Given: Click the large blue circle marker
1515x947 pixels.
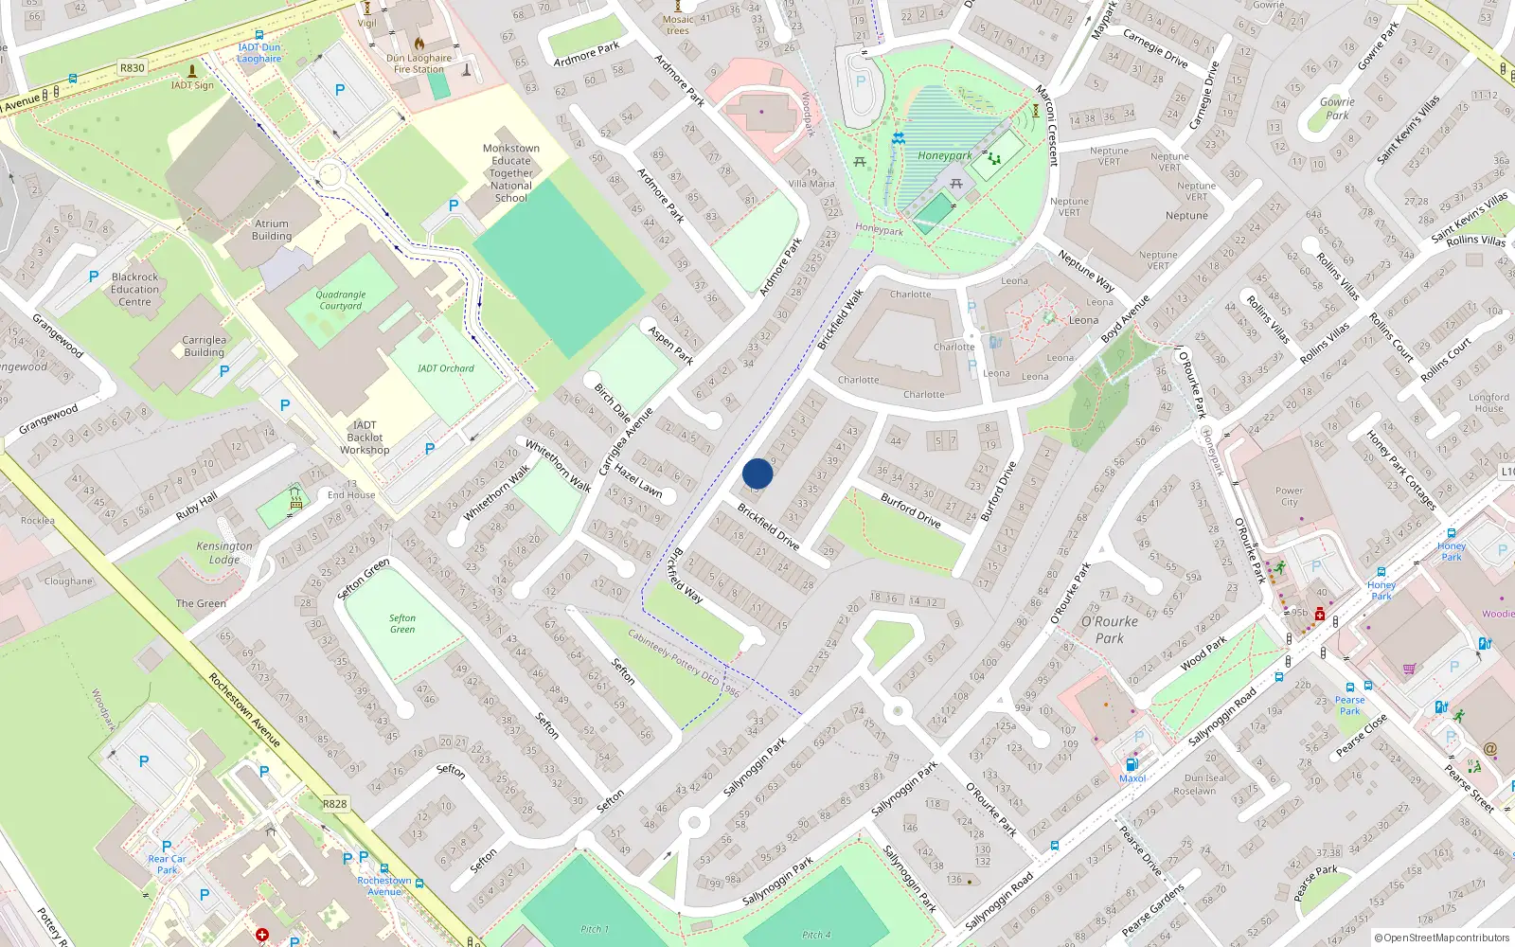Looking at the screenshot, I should click(757, 473).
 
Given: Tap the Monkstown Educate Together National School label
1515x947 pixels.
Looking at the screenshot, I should click(510, 172).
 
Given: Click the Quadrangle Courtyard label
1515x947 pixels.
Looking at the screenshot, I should click(341, 300).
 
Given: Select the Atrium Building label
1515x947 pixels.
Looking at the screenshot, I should click(272, 230).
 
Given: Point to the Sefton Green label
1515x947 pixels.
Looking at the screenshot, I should click(402, 623).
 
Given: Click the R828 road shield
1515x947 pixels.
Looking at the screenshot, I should click(334, 804).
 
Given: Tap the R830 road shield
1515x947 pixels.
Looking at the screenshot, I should click(133, 68).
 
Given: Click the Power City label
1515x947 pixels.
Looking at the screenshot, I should click(1289, 496).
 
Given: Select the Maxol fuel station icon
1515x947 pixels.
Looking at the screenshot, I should click(1131, 764).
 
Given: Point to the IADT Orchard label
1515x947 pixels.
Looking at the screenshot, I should click(446, 368).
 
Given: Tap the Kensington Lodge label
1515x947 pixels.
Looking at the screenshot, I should click(224, 552).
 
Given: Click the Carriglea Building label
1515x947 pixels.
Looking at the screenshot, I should click(204, 346).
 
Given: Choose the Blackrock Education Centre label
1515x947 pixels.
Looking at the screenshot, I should click(134, 290).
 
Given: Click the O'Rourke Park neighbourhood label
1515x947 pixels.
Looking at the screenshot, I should click(1110, 630).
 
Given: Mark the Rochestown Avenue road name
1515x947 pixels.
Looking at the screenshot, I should click(244, 709).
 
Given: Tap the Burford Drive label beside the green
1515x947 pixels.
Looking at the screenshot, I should click(910, 509).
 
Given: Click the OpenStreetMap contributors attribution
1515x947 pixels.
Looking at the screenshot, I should click(1442, 938).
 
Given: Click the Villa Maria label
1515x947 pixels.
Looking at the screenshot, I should click(811, 184).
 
